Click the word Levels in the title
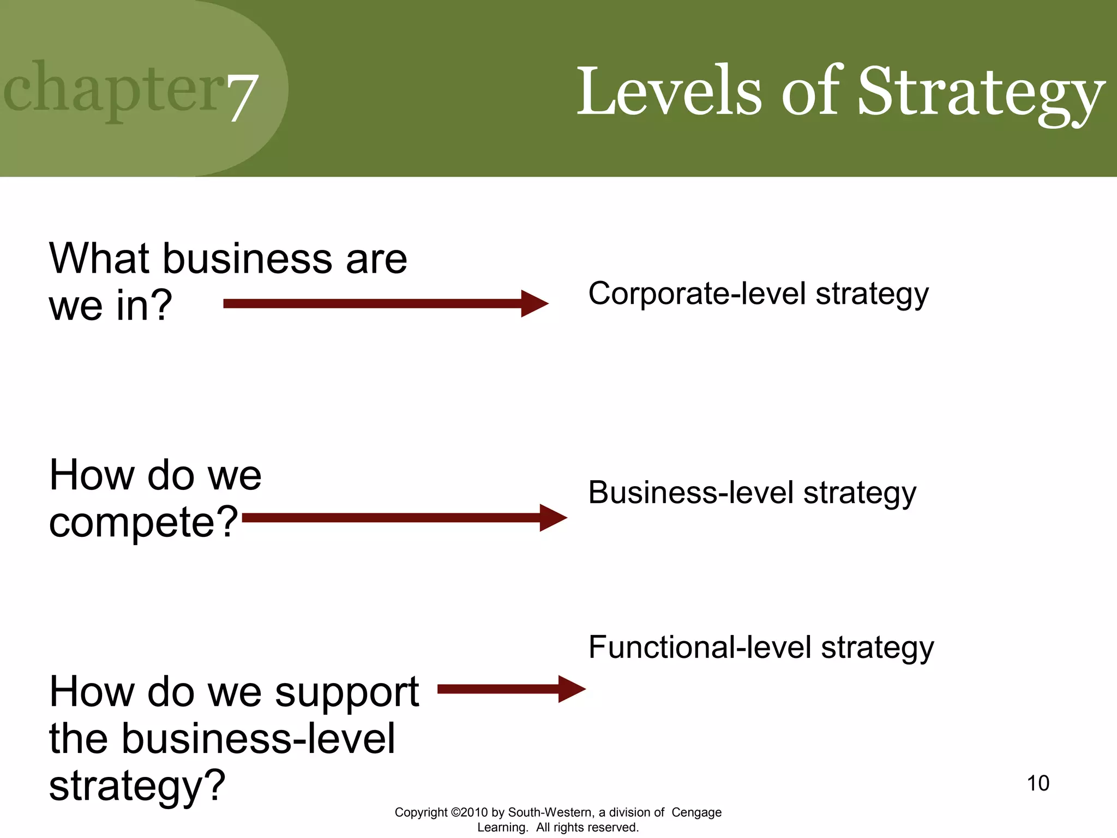tap(668, 91)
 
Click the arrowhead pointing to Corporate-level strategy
tap(534, 303)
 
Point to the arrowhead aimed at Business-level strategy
tap(553, 517)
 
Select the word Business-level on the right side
tap(690, 492)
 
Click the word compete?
tap(143, 522)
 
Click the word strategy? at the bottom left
tap(137, 786)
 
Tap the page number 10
tap(1037, 783)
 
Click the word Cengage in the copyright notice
tap(696, 812)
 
